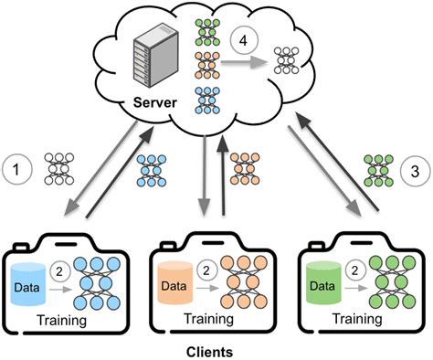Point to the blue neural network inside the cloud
click(x=206, y=96)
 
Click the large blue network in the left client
click(x=96, y=279)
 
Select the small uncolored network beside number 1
click(x=64, y=167)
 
